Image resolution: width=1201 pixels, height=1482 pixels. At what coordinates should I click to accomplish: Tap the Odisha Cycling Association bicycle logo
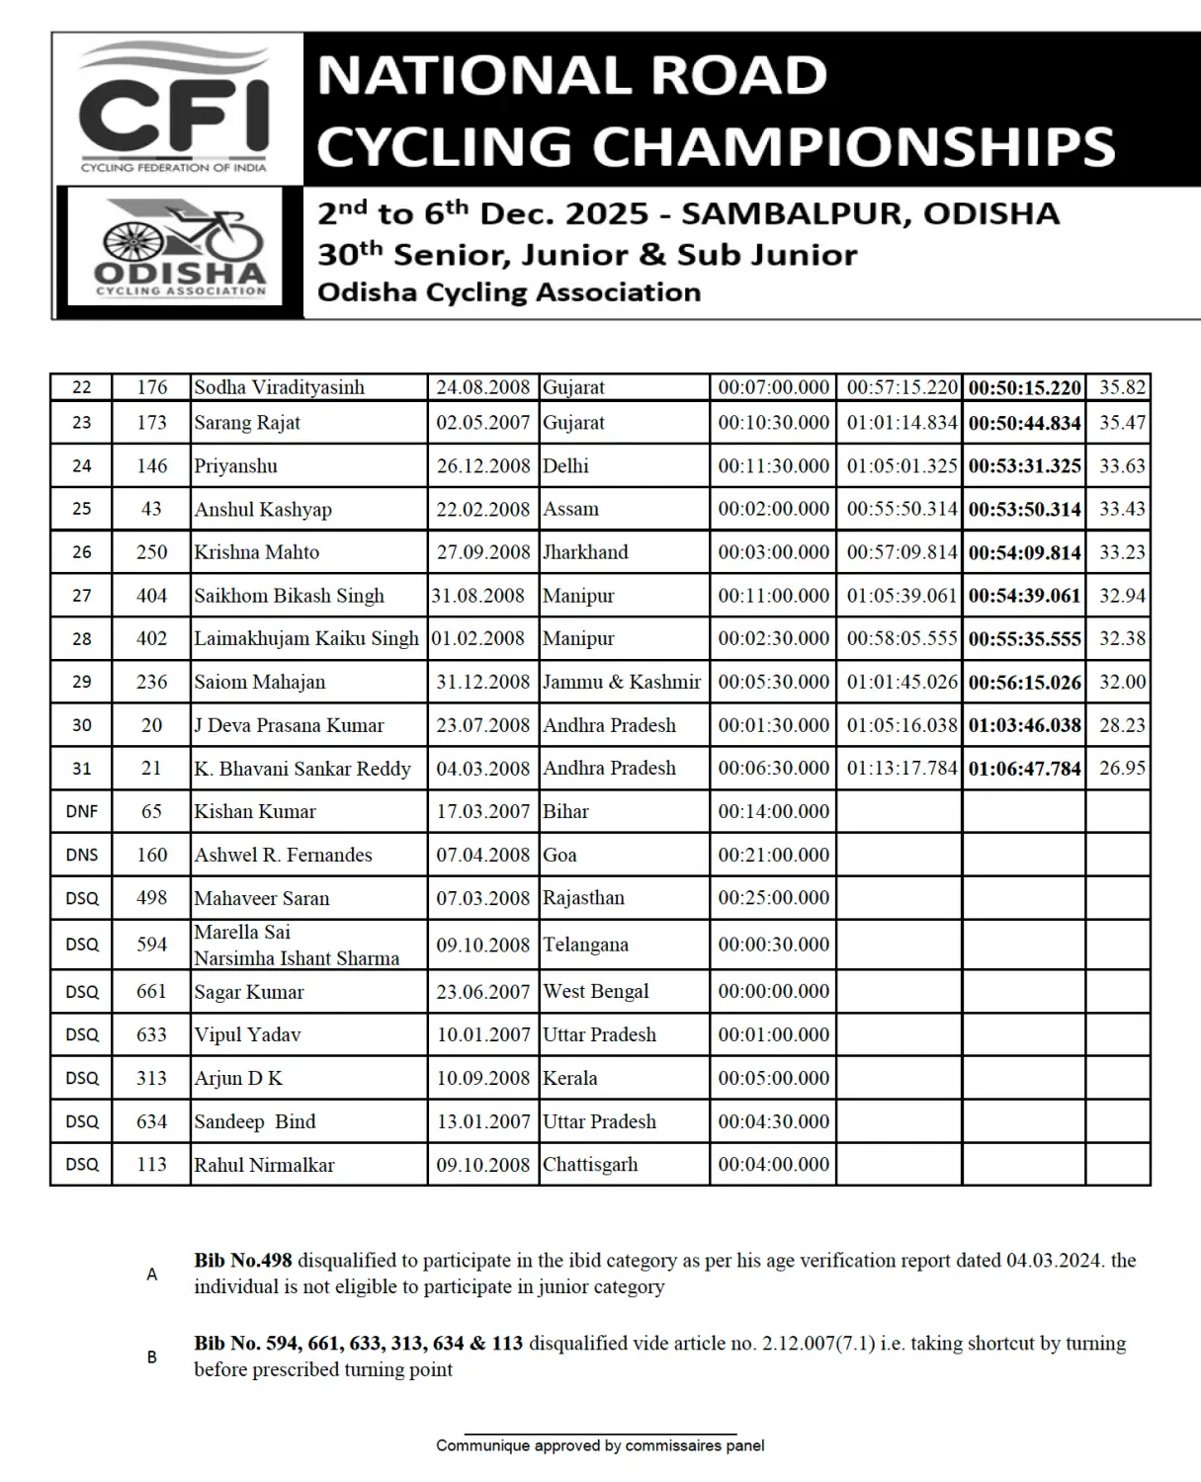[181, 247]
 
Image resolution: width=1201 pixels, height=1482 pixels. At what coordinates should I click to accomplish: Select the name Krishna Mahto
[257, 552]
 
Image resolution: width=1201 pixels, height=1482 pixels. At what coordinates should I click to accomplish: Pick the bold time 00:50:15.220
[1024, 388]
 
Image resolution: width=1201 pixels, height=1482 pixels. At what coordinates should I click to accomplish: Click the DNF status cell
[82, 812]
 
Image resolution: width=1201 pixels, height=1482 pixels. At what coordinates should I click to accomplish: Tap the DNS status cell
[82, 856]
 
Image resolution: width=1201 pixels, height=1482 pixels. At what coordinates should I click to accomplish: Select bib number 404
[151, 596]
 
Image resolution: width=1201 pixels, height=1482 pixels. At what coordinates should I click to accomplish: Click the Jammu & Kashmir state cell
[622, 682]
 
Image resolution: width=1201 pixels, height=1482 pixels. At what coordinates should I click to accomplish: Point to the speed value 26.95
[1122, 769]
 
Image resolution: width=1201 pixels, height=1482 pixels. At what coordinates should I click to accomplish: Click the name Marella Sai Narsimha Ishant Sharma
[297, 946]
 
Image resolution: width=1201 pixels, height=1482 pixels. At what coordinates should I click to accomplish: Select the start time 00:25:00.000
[774, 898]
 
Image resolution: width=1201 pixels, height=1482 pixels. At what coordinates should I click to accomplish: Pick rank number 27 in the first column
[82, 596]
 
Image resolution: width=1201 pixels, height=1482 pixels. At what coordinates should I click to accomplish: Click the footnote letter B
[152, 1358]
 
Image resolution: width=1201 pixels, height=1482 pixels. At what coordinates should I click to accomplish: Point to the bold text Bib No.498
[243, 1261]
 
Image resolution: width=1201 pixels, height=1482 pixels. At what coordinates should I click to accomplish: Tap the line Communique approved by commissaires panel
[600, 1445]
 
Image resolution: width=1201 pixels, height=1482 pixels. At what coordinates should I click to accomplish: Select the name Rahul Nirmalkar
[264, 1166]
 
